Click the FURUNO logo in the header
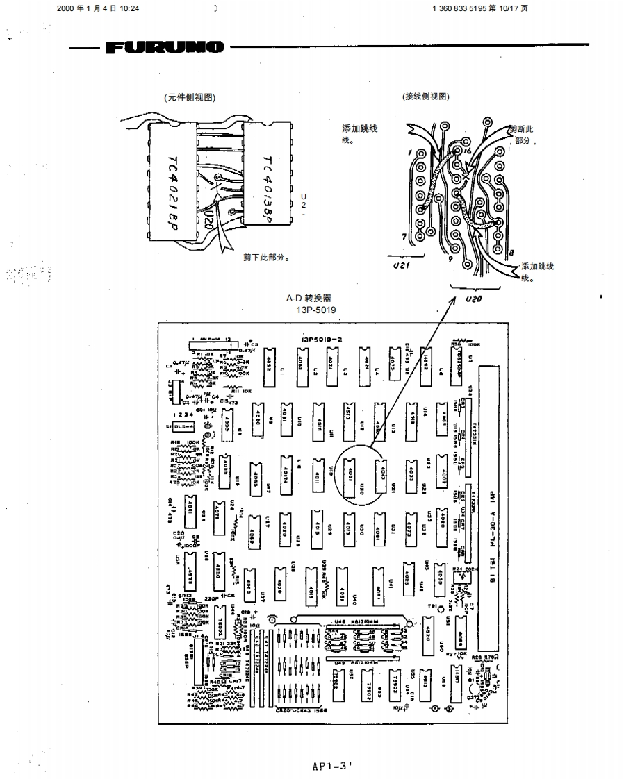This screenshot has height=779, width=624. (x=165, y=47)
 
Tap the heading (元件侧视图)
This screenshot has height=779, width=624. (x=189, y=97)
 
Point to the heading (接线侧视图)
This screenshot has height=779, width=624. (x=425, y=97)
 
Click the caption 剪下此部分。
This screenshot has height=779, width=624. (x=266, y=257)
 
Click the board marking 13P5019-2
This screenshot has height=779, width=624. (x=322, y=339)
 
